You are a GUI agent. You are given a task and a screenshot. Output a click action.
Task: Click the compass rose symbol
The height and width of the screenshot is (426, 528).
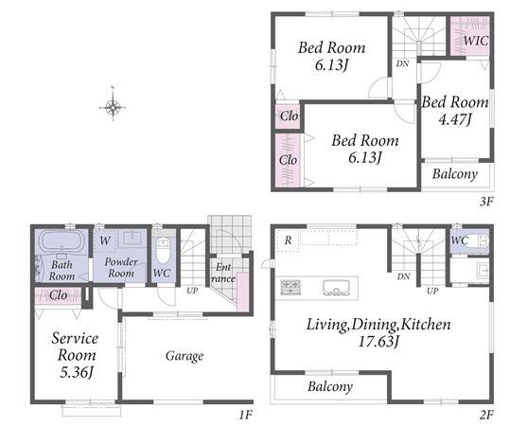tap(113, 108)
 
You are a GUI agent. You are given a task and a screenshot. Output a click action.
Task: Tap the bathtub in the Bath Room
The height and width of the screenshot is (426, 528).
tap(62, 241)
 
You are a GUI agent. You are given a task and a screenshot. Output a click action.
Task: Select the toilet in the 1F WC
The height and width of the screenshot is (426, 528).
tap(163, 251)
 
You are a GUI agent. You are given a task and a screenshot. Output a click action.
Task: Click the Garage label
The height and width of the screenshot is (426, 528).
tap(185, 356)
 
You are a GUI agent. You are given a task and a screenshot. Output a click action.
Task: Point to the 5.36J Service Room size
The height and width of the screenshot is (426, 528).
tap(77, 372)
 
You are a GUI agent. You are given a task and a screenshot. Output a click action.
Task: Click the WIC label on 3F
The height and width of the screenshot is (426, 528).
tap(475, 41)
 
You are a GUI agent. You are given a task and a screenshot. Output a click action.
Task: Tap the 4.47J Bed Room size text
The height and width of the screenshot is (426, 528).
tap(455, 119)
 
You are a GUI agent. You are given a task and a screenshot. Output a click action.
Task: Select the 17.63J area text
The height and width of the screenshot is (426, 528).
tap(378, 342)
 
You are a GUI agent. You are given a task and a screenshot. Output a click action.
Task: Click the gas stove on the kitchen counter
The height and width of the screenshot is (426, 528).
tap(290, 287)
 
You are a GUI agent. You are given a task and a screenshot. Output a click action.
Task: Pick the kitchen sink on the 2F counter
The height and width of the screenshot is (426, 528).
tap(336, 288)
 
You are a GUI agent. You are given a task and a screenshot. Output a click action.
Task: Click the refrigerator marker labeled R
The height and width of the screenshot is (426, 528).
tap(288, 240)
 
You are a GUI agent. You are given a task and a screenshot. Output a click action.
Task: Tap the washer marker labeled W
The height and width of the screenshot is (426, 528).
tap(105, 240)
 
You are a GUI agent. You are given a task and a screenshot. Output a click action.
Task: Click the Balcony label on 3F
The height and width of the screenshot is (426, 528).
tap(455, 174)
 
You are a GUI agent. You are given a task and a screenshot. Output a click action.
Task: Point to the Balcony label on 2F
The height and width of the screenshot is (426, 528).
tap(330, 386)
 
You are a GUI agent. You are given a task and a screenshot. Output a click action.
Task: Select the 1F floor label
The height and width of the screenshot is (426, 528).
tap(246, 415)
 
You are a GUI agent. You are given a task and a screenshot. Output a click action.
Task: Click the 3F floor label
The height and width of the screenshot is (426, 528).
tap(486, 202)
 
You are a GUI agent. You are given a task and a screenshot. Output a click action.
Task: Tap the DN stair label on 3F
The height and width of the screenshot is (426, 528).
tap(402, 63)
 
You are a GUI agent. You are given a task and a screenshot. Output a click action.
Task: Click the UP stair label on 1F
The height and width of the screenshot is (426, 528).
tap(192, 290)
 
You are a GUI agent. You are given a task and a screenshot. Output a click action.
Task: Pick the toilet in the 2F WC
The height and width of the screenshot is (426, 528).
tap(479, 240)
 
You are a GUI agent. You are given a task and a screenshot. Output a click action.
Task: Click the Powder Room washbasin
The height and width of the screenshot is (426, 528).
tap(132, 239)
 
